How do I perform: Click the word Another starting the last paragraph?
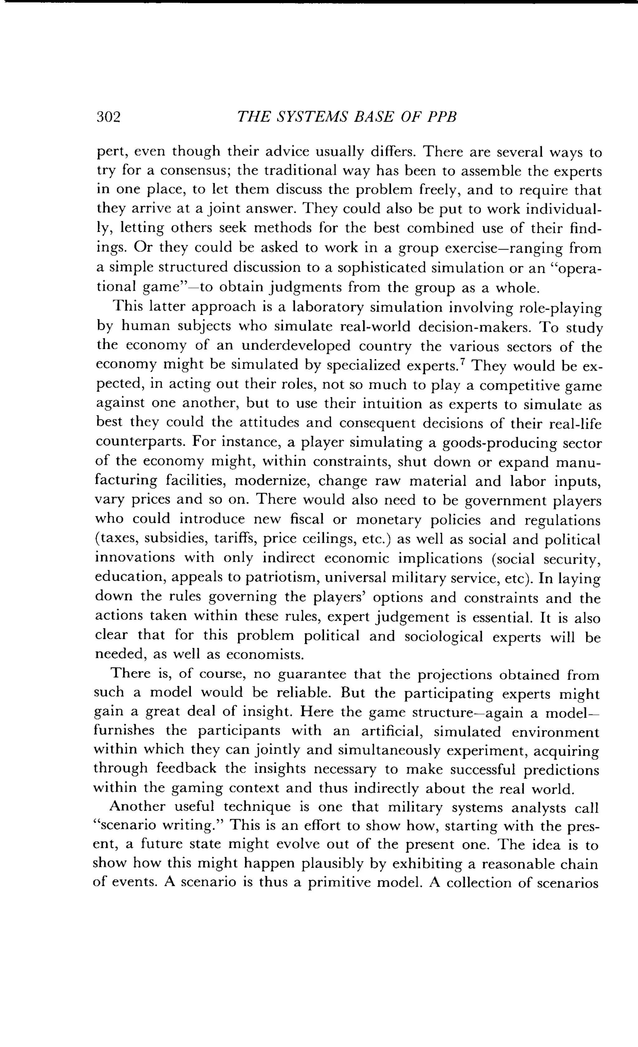(137, 807)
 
